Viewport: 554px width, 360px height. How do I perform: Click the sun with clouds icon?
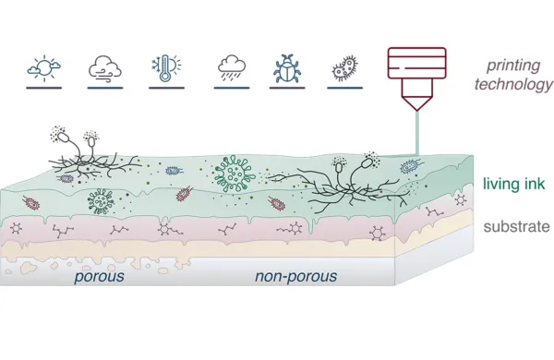coord(43,67)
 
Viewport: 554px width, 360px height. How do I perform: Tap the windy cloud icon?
coord(105,67)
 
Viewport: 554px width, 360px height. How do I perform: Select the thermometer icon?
coord(166,67)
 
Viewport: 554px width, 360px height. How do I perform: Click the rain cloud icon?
coord(232,67)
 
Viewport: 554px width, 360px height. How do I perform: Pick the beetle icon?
coord(287,68)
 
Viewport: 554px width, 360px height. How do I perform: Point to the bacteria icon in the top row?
coord(344,68)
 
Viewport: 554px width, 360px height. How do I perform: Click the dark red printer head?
coord(417,78)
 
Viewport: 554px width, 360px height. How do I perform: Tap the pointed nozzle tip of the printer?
coord(417,110)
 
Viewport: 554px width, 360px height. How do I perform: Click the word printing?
coord(513,66)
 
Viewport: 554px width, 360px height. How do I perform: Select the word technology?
coord(513,85)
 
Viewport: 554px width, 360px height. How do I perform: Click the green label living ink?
coord(513,184)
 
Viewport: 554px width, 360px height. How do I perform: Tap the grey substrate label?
coord(516,226)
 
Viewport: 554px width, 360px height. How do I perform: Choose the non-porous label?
coord(296,276)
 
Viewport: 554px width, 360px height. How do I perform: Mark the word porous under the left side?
coord(99,277)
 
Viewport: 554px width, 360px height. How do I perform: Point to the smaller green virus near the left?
coord(101,201)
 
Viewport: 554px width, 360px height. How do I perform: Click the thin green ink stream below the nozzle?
coord(417,133)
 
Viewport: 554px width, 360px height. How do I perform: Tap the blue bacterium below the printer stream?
coord(412,166)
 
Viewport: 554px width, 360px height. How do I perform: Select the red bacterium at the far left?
coord(31,203)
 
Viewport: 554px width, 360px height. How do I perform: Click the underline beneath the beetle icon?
coord(287,88)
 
